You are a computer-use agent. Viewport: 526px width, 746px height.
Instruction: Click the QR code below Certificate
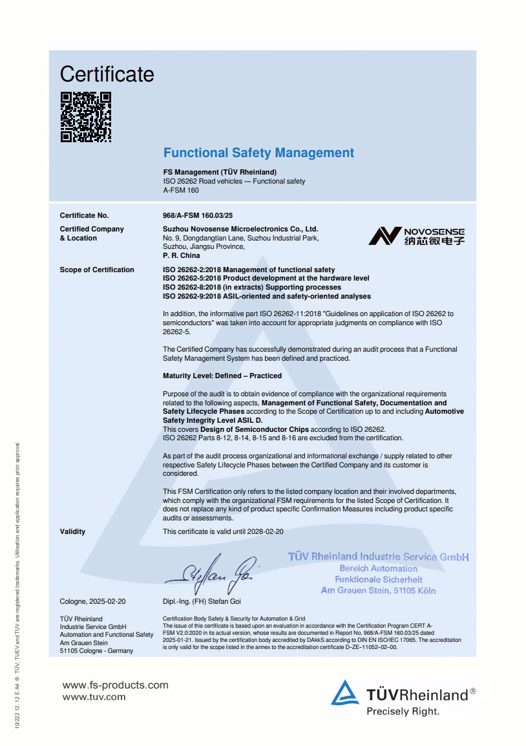click(86, 117)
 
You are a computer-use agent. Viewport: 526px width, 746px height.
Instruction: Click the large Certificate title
click(107, 74)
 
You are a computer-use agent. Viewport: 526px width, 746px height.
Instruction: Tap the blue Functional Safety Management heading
click(258, 153)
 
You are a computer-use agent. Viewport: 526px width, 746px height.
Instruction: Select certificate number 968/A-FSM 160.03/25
click(197, 216)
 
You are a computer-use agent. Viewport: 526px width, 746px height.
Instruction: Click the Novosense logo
click(416, 236)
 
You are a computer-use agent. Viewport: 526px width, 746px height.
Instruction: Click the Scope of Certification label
click(97, 270)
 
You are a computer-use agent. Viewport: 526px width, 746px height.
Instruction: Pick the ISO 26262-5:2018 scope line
click(266, 279)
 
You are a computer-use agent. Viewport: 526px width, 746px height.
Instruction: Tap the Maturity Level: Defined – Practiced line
click(222, 376)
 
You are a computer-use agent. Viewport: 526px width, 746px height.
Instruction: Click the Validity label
click(72, 531)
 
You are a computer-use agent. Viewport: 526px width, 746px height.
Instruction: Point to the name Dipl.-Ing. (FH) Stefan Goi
click(204, 601)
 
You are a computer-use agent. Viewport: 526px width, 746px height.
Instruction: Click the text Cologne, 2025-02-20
click(93, 601)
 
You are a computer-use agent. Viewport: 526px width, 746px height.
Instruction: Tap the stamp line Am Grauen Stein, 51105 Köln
click(378, 590)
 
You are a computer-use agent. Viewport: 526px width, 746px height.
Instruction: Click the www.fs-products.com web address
click(115, 685)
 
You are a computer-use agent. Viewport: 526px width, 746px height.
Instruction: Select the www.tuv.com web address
click(94, 697)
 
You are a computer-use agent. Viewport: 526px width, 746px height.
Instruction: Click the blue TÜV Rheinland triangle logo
click(344, 693)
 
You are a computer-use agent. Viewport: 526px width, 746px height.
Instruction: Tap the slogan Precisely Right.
click(403, 712)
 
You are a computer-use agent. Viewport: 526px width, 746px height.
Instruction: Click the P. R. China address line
click(182, 255)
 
